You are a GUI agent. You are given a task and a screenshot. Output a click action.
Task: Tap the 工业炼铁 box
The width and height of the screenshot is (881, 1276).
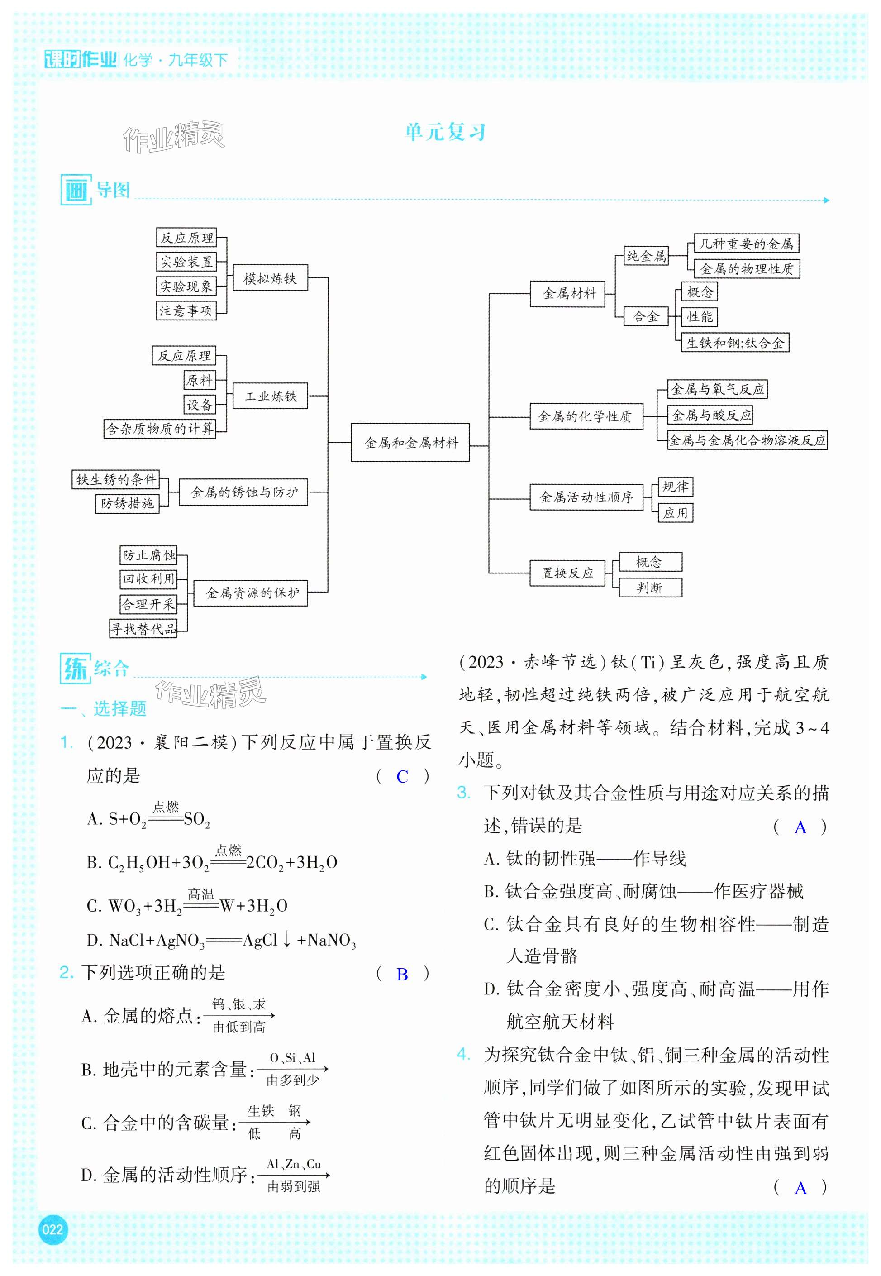(x=270, y=396)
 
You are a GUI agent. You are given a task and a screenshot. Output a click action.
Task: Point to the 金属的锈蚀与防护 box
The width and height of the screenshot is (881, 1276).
(x=243, y=492)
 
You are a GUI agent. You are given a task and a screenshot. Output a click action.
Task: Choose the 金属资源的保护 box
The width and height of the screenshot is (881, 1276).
(x=251, y=593)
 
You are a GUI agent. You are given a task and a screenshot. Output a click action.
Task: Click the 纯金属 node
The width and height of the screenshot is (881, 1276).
(x=646, y=256)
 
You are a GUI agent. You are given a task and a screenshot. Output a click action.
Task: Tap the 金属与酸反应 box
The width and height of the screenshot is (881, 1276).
(x=711, y=415)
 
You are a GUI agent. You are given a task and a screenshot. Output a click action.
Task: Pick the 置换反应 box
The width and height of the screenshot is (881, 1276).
(x=567, y=573)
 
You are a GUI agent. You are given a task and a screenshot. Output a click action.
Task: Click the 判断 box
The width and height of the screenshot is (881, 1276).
(x=650, y=588)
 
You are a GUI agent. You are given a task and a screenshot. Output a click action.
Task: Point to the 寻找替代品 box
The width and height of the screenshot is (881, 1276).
(x=143, y=628)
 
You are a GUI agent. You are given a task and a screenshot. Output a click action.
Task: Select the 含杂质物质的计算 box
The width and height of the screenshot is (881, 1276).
(x=160, y=429)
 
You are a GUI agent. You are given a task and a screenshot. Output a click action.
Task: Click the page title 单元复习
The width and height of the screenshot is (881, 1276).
(x=445, y=133)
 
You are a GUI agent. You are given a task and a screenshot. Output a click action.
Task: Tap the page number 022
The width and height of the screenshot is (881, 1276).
(x=52, y=1229)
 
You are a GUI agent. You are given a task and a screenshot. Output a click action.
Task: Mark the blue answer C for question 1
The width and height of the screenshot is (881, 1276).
(x=402, y=777)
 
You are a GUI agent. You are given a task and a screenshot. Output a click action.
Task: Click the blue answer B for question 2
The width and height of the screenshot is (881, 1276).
(x=402, y=975)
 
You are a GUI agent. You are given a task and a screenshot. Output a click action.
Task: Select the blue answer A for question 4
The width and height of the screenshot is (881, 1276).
(x=800, y=1188)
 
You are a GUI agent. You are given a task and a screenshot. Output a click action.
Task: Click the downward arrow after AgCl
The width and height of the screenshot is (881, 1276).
(x=287, y=939)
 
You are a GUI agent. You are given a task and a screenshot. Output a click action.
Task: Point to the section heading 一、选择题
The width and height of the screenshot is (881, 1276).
(x=104, y=708)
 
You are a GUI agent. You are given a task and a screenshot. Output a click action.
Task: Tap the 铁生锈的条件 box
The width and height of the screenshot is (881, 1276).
(x=115, y=479)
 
